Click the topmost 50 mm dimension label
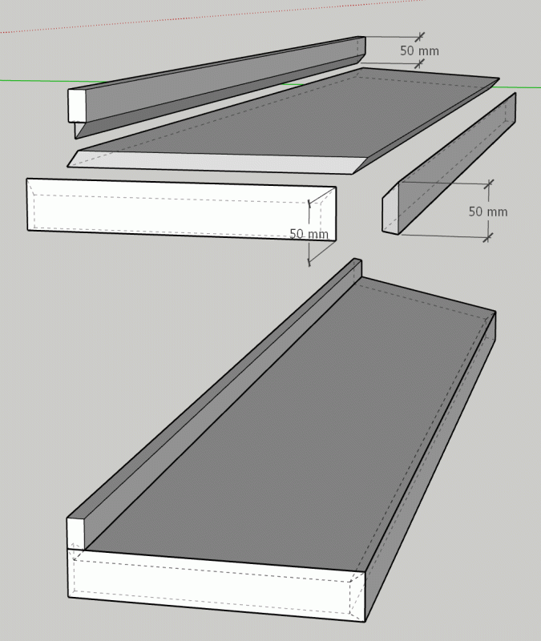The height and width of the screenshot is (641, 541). (x=419, y=50)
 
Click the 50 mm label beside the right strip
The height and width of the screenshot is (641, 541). (x=488, y=212)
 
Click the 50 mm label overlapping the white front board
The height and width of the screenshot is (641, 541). (x=309, y=234)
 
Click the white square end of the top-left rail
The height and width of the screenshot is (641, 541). (x=76, y=105)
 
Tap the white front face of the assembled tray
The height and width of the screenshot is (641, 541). (x=215, y=585)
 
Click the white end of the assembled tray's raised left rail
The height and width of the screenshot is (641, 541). (x=75, y=534)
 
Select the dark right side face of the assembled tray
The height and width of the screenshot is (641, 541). (x=430, y=470)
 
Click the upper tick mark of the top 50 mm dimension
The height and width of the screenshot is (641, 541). (x=419, y=37)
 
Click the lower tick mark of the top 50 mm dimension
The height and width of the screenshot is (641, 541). (x=419, y=64)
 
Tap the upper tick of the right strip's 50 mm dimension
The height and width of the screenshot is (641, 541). (x=488, y=184)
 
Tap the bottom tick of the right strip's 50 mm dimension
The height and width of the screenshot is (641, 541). (x=487, y=237)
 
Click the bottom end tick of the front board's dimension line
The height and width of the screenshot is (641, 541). (x=309, y=261)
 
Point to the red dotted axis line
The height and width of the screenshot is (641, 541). (x=212, y=15)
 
